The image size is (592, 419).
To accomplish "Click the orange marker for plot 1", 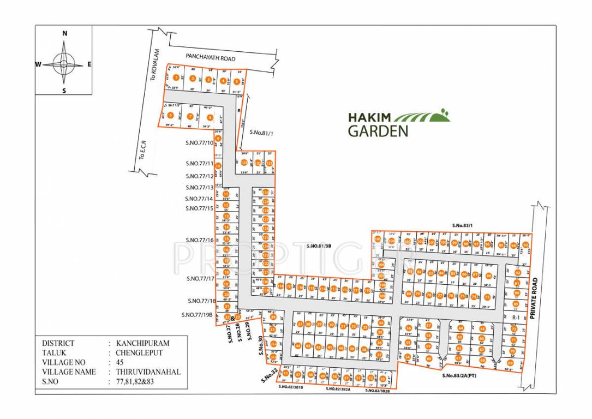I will point(176,78).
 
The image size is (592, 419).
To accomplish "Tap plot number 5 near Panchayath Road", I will point(236,81).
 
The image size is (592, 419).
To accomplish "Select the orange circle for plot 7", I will point(190,116).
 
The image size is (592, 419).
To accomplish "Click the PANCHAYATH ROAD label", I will point(210,57).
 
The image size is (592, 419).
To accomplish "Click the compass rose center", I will point(64,64).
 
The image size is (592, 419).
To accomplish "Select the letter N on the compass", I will point(64,34).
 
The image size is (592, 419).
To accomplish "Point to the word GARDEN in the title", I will point(378,130).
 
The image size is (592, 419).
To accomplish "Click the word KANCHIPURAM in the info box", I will point(143,343).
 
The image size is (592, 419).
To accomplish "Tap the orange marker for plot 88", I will point(489,276).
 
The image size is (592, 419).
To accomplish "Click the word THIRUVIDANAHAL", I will point(148,372).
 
